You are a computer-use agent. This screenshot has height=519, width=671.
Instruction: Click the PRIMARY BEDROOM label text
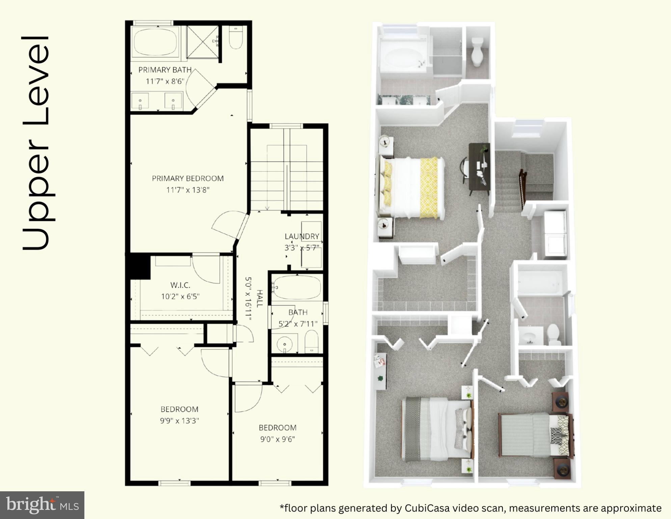188,178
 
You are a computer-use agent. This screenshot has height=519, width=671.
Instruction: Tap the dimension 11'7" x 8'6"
165,81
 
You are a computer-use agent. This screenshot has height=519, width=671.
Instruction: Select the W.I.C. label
180,285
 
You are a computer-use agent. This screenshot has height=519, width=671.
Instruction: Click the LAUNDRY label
302,236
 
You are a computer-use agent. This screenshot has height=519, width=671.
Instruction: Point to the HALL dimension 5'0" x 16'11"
248,299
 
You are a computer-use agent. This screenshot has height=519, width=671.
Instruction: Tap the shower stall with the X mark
203,42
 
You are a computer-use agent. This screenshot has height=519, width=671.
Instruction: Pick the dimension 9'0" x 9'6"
277,439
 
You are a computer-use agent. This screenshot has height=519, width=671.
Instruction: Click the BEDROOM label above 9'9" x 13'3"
179,409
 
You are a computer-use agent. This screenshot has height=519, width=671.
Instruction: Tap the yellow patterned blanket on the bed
429,188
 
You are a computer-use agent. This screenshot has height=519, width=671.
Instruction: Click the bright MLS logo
42,505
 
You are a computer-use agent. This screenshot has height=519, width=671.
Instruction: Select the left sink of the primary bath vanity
140,101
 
